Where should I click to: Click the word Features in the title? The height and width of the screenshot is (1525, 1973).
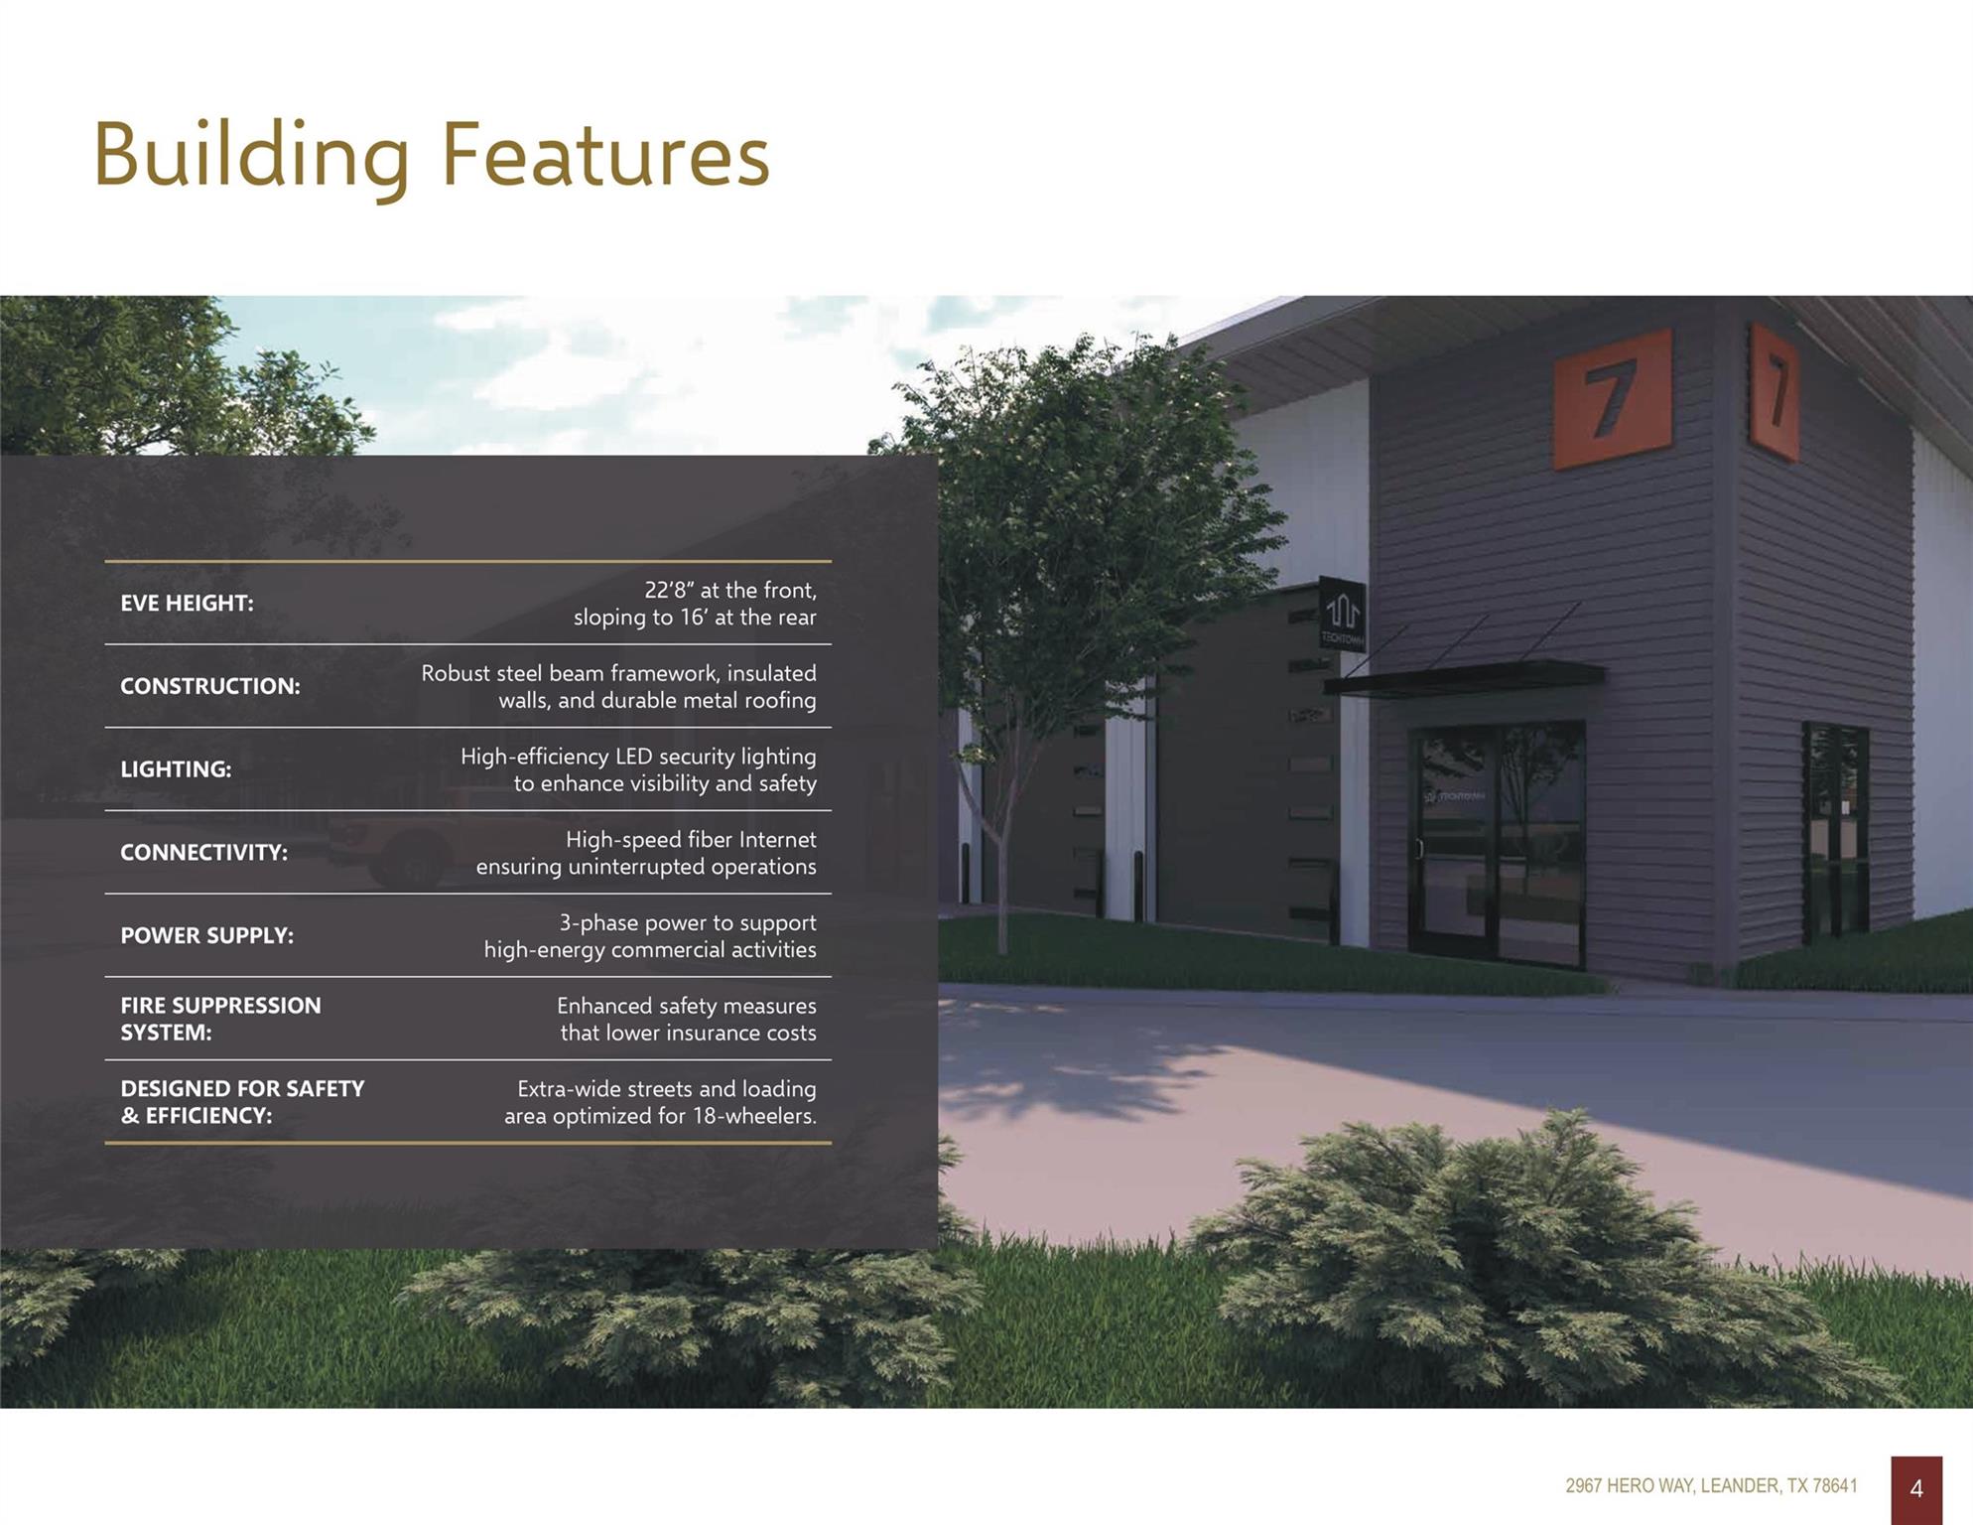click(x=604, y=155)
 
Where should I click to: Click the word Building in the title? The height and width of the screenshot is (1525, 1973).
click(x=251, y=160)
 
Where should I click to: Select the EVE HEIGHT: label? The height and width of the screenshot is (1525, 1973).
click(x=187, y=603)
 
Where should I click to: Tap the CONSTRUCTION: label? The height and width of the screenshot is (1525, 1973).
click(x=209, y=686)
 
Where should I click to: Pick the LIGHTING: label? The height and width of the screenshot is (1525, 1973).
click(x=176, y=769)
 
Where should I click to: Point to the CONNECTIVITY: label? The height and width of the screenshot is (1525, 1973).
click(x=203, y=853)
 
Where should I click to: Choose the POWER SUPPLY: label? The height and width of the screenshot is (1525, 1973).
click(x=206, y=935)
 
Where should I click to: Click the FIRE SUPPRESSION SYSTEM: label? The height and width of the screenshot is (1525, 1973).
click(x=220, y=1019)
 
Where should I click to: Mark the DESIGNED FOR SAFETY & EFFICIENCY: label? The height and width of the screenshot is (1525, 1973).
click(x=242, y=1102)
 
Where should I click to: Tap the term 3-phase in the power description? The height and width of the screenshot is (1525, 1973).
click(x=598, y=923)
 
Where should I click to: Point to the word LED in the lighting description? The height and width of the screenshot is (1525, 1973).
click(x=633, y=757)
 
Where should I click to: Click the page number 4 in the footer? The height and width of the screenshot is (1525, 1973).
click(x=1916, y=1488)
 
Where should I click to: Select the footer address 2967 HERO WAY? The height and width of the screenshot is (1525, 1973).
click(x=1629, y=1486)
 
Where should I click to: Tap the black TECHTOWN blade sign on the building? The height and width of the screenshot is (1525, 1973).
click(x=1342, y=614)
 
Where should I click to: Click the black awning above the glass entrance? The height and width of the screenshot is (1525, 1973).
click(x=1464, y=677)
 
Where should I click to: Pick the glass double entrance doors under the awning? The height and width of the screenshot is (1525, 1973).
click(x=1496, y=843)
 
